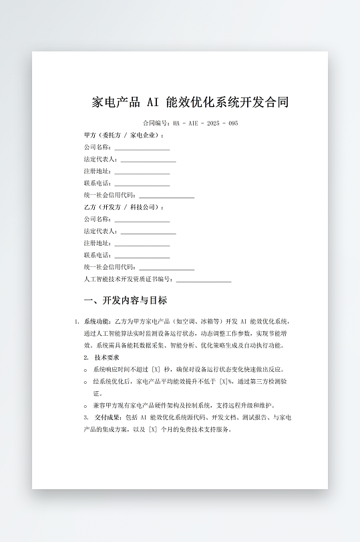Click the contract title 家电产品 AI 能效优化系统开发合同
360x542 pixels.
[190, 102]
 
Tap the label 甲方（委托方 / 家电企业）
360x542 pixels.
[124, 135]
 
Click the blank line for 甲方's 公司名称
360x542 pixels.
[142, 148]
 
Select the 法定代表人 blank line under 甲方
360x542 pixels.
[148, 160]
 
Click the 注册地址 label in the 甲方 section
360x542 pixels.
[98, 171]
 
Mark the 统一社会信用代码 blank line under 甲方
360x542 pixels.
[166, 196]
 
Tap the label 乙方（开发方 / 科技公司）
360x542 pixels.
[124, 207]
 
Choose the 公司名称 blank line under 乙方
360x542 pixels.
[142, 220]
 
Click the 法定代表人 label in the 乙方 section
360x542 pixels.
[101, 231]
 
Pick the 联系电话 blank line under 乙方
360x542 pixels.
[142, 256]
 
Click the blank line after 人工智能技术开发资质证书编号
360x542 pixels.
[204, 280]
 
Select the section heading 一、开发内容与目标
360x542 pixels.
[126, 300]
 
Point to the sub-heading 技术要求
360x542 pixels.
[107, 357]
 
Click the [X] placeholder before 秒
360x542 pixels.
[156, 369]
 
